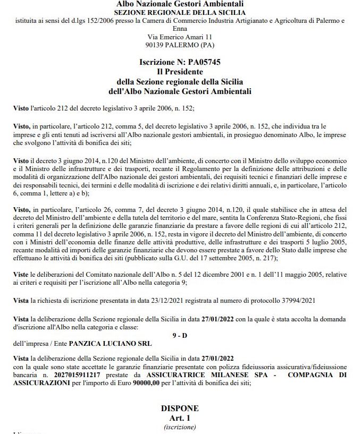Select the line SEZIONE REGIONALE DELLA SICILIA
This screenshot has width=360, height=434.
(x=180, y=12)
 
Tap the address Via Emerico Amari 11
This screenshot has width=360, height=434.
(x=180, y=37)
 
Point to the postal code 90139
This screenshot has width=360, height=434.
(x=158, y=45)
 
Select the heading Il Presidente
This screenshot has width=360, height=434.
(x=180, y=71)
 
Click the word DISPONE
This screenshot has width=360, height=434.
(x=180, y=408)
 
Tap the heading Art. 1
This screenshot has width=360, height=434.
(x=180, y=418)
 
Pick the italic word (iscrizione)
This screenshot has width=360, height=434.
(x=180, y=427)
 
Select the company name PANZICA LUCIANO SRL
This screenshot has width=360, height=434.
(x=114, y=343)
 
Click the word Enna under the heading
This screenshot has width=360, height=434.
(x=180, y=29)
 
